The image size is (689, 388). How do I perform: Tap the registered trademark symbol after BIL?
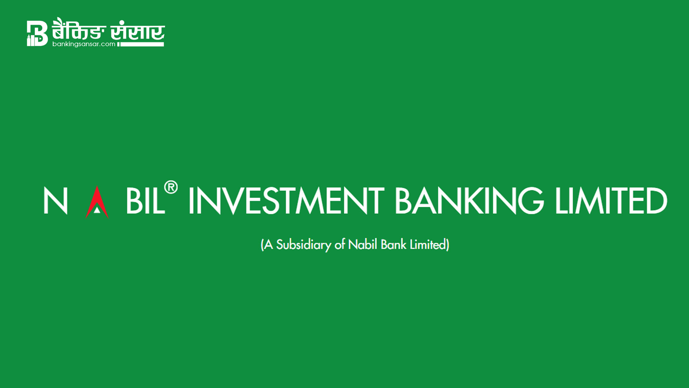point(171,188)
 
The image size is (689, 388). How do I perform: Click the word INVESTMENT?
point(286,200)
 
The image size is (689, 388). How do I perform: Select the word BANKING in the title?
point(469,200)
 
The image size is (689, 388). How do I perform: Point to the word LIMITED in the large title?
point(611,200)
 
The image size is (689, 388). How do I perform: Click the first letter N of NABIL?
point(56,200)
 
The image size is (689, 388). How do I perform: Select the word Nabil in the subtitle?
point(362,244)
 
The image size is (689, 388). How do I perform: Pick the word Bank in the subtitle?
point(393,244)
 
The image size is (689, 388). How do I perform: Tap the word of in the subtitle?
point(340,244)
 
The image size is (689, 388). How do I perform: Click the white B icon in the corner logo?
point(37,33)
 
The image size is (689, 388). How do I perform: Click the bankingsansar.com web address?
point(84,44)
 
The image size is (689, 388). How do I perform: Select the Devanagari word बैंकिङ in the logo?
point(79,29)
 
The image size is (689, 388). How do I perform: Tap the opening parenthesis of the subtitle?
point(262,245)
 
